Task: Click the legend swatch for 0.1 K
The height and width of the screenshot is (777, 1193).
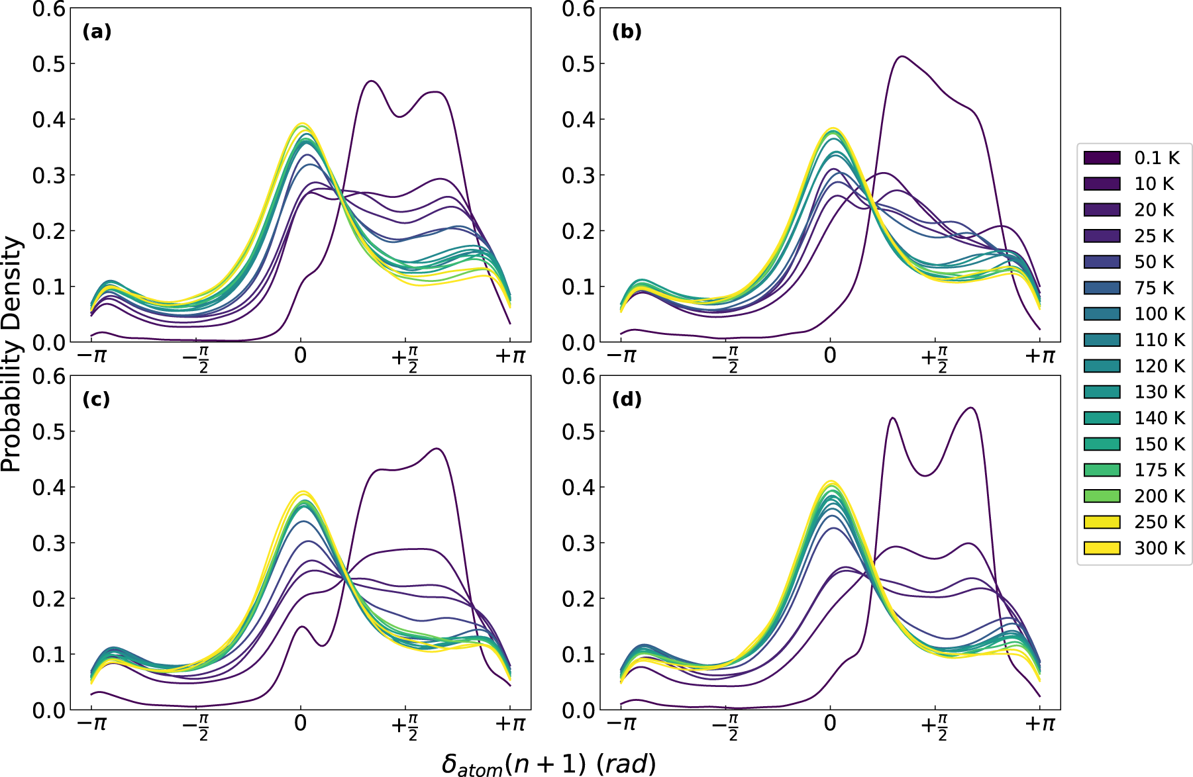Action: pos(1102,158)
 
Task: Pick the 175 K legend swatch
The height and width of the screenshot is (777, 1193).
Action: pos(1102,470)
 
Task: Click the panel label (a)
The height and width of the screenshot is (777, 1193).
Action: pos(97,32)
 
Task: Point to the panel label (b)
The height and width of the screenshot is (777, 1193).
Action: pos(627,32)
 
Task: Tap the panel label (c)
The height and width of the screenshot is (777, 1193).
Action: pos(97,400)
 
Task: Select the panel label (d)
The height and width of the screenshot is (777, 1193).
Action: pos(627,400)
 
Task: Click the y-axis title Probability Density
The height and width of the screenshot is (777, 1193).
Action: pos(11,354)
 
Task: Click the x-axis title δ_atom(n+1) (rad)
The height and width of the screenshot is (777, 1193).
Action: pos(548,764)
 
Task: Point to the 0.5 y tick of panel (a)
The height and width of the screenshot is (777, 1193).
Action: pos(49,64)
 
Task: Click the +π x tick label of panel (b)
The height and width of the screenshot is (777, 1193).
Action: pos(1039,356)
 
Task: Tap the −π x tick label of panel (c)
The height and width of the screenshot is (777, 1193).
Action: pos(91,723)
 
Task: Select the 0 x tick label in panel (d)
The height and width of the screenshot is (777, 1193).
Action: pos(830,723)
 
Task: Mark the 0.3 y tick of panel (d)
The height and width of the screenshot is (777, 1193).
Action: pos(579,543)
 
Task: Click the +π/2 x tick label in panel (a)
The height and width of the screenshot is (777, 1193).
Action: pos(405,358)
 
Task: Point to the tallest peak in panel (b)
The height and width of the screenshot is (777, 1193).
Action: pos(902,56)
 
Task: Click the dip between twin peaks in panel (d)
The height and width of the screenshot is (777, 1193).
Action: pos(925,475)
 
